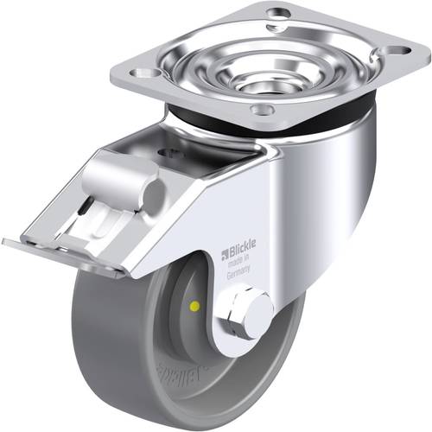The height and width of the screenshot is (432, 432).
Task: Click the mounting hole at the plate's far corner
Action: click(x=277, y=16)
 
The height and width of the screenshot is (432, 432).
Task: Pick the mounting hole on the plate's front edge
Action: click(x=258, y=110)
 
